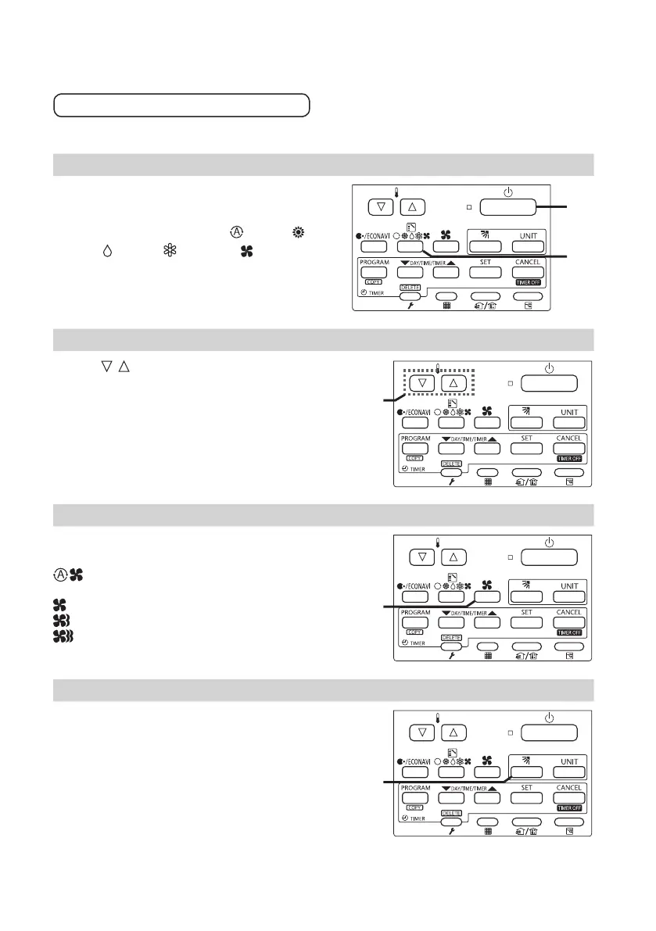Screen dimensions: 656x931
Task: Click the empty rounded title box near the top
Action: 181,105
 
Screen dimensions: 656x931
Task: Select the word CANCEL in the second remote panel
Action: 568,439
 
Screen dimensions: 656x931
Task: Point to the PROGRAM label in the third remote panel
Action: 416,614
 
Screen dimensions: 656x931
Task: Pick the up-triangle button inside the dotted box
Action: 457,384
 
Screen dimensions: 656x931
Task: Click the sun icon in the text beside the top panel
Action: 296,232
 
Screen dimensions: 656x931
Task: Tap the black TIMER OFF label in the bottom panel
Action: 568,807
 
